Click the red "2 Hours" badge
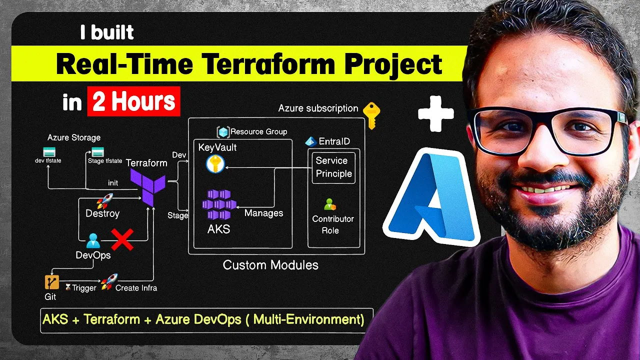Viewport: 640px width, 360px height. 133,101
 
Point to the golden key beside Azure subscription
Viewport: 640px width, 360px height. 371,114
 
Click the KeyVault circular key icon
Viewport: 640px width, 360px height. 215,164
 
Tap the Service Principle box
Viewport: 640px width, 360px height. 333,167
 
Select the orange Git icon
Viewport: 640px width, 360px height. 52,282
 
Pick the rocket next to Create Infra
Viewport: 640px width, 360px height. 108,282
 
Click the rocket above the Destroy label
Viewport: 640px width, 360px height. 104,200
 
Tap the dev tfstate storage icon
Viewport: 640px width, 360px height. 49,152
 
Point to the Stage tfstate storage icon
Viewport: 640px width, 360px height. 97,152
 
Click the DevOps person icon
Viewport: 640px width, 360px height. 93,241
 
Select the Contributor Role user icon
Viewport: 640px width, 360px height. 329,204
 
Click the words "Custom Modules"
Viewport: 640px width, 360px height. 270,265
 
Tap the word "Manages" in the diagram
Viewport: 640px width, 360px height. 263,213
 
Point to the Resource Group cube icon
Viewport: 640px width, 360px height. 223,132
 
